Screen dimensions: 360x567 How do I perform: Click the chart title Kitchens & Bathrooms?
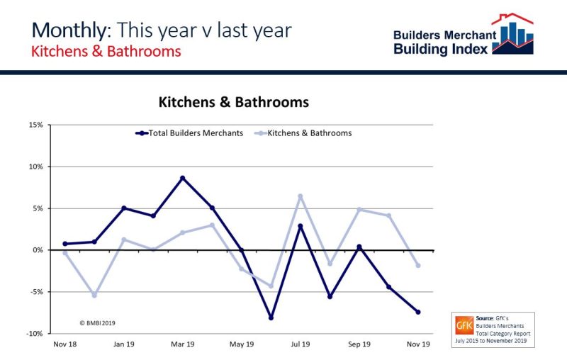[x=233, y=102]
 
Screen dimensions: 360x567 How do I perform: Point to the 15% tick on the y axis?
[x=35, y=125]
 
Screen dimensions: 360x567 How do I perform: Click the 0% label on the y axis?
[x=38, y=250]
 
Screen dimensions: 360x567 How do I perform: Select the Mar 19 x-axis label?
[x=183, y=344]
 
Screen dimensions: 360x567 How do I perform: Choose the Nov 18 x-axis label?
[x=64, y=344]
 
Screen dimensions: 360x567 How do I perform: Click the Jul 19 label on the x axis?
[x=301, y=344]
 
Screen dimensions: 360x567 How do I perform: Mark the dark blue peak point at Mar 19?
[x=183, y=178]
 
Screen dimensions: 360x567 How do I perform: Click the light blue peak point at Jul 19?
[x=301, y=196]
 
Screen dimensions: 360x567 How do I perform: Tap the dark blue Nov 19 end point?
[x=418, y=312]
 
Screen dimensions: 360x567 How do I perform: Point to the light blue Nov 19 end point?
[x=418, y=266]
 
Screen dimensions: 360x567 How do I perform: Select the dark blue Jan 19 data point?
[x=124, y=208]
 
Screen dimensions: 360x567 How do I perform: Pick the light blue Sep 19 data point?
[x=359, y=210]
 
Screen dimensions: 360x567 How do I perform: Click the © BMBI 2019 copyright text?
[x=96, y=322]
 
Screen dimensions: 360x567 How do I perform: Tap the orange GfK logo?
[x=464, y=327]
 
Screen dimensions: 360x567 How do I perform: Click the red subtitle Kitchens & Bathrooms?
[x=106, y=52]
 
